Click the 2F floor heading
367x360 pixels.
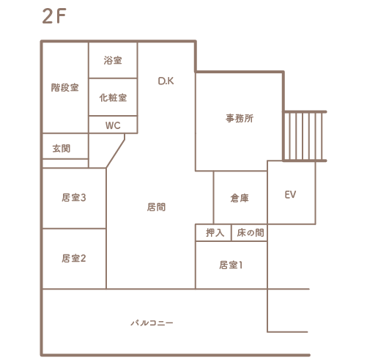click(54, 16)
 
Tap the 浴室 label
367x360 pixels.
click(113, 60)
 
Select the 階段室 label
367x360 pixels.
click(65, 87)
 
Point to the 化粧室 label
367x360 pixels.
click(113, 98)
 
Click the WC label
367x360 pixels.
click(113, 125)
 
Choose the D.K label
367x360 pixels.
click(166, 81)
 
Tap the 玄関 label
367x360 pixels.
click(62, 148)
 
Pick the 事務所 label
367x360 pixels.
click(240, 118)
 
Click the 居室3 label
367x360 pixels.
click(74, 197)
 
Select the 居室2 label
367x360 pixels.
click(74, 258)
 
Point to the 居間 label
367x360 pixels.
click(156, 207)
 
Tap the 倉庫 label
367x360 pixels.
click(240, 198)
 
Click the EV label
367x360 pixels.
click(290, 194)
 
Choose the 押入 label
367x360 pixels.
click(215, 232)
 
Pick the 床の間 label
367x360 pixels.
click(251, 232)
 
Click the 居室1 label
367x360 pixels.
click(231, 265)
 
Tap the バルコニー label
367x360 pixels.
click(152, 323)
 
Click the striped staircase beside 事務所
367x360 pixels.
click(304, 136)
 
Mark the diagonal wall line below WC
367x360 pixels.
click(116, 151)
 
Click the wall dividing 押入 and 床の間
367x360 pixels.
click(231, 232)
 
